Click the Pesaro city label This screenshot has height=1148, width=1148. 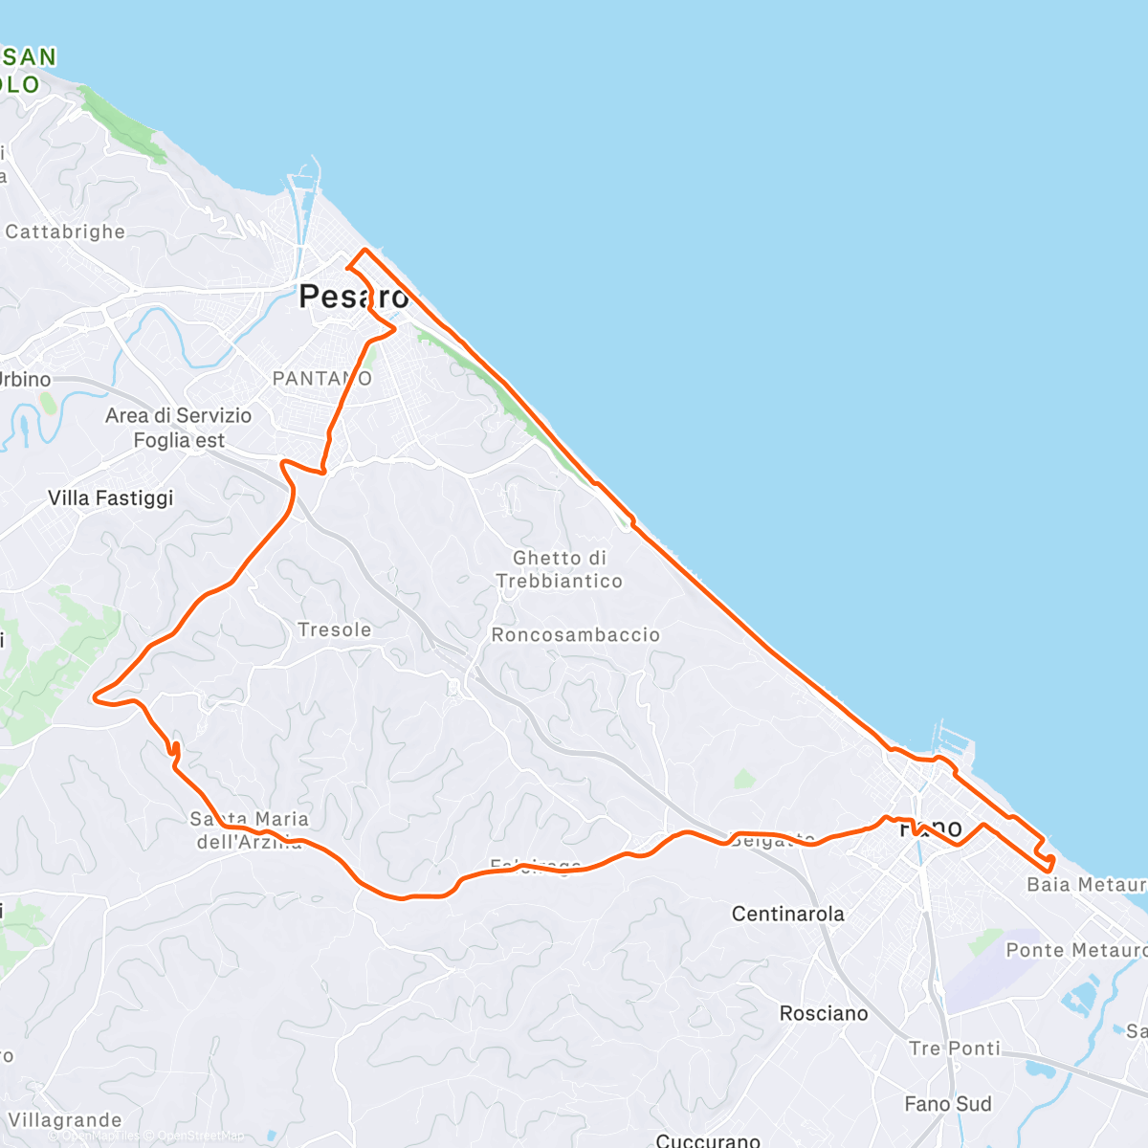coord(353,297)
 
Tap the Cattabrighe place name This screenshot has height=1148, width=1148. coord(65,232)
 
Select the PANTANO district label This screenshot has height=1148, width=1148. coord(321,379)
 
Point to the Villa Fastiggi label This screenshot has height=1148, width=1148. coord(111,497)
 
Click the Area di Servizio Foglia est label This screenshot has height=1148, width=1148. coord(179,428)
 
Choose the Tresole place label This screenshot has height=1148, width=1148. coord(334,629)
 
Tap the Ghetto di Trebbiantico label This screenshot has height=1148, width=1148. coord(560,569)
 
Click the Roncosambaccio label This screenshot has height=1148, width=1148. coord(575,634)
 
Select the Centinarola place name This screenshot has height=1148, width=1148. coord(787,914)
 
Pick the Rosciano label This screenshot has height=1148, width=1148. coord(824,1013)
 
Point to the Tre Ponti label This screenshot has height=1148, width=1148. coord(955,1048)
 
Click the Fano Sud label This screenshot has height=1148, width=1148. coord(948,1104)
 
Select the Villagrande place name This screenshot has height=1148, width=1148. coord(65,1120)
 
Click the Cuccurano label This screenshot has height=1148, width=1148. coord(708,1140)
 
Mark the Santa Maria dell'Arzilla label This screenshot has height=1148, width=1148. coord(250,830)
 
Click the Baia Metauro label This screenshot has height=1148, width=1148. coord(1086,884)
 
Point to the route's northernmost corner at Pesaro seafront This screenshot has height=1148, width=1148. coord(364,250)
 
